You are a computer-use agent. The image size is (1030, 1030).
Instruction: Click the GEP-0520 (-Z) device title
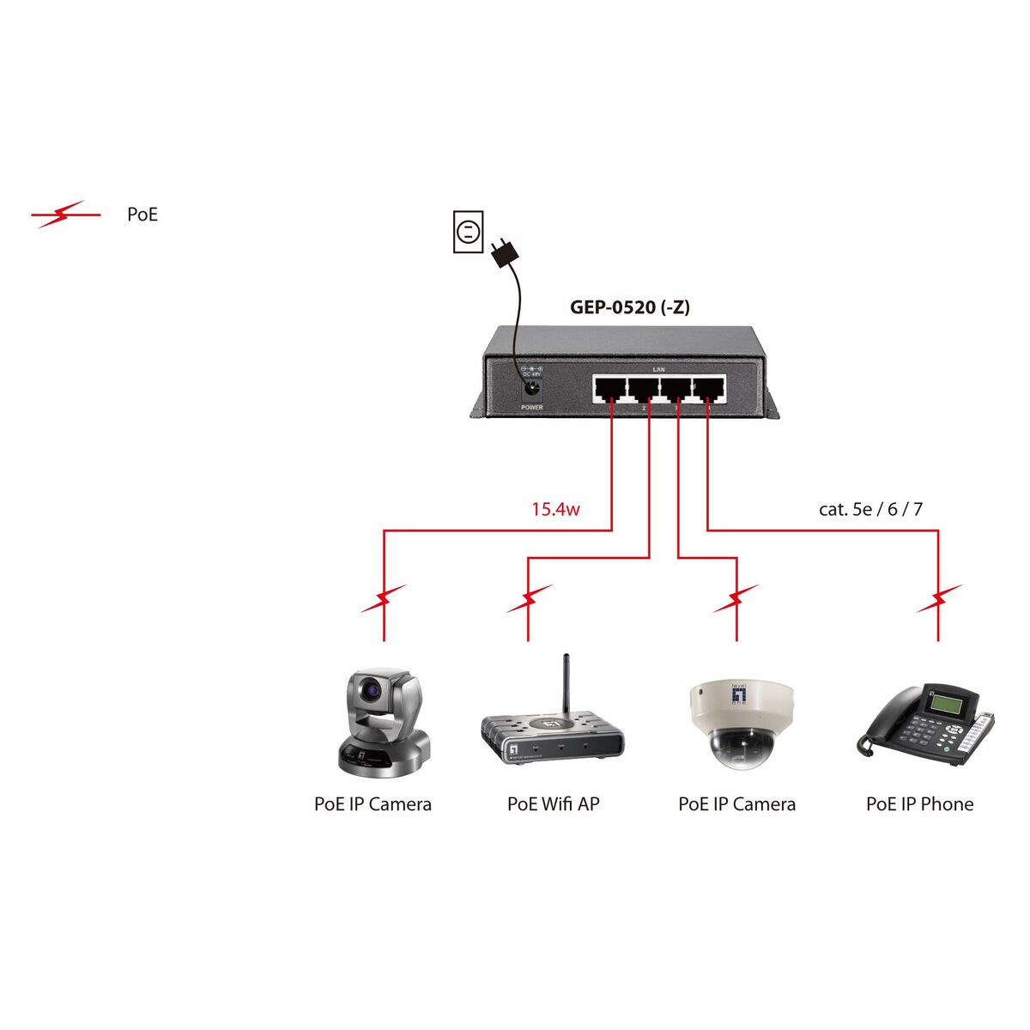click(629, 306)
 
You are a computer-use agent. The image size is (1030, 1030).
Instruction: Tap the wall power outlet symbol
click(468, 232)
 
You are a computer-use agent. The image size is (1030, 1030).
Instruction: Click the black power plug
click(504, 251)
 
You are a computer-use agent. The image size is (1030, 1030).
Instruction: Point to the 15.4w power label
click(555, 509)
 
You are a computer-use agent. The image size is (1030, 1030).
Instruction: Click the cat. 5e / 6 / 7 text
click(870, 509)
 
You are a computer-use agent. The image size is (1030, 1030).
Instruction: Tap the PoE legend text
click(142, 215)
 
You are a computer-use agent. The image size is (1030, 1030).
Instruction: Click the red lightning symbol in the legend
click(65, 215)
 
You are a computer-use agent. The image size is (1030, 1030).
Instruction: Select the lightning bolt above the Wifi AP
click(529, 599)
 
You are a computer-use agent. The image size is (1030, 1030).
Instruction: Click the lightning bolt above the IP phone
click(939, 599)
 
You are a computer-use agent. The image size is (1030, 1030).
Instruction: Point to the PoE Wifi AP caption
click(553, 804)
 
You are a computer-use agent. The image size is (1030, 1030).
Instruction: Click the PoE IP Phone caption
click(919, 804)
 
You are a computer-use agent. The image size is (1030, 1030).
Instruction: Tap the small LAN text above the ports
click(658, 369)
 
